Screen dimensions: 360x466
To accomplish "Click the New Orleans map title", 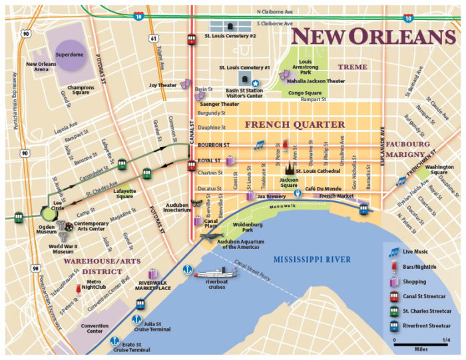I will click(372, 36).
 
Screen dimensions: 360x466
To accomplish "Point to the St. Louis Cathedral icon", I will click(290, 168).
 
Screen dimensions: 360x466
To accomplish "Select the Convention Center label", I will click(95, 328).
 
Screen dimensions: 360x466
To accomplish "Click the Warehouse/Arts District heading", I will click(94, 266).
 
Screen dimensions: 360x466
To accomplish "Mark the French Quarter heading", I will click(295, 124).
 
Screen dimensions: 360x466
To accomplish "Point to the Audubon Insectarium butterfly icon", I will click(196, 204).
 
